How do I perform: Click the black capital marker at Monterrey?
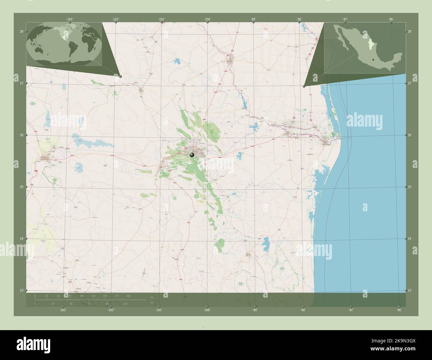point(192,155)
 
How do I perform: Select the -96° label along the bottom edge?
point(399,310)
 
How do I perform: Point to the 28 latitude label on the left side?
point(22,32)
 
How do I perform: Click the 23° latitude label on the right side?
point(410,291)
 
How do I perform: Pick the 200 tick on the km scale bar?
point(128,296)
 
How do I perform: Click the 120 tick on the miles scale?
point(125,304)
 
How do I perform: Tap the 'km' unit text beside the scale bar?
point(152,297)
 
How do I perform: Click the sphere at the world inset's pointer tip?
point(120,76)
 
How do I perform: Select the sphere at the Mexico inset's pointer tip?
point(304,86)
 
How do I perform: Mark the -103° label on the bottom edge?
point(62,310)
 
